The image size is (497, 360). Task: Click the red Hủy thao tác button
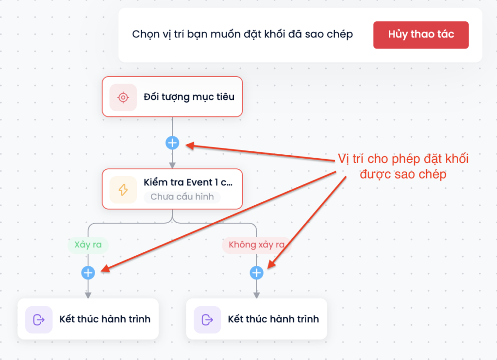click(421, 35)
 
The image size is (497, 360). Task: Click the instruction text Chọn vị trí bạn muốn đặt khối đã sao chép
click(243, 34)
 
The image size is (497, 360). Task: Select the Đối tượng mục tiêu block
click(172, 97)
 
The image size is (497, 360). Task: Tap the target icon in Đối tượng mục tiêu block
click(123, 98)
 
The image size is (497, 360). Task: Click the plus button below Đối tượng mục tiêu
click(172, 143)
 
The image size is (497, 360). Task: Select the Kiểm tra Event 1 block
click(172, 189)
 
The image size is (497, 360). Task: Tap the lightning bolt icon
click(123, 190)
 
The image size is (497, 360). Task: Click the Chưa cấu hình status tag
click(182, 197)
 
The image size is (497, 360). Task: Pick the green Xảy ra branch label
click(88, 245)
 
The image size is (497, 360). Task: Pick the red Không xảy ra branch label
click(256, 245)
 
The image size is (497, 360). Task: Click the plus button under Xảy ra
click(88, 273)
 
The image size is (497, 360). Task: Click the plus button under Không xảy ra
click(256, 273)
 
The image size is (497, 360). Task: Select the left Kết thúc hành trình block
click(88, 319)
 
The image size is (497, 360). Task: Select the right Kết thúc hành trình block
click(256, 319)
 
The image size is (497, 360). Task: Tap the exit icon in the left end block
click(39, 320)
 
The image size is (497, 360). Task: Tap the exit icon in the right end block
click(207, 320)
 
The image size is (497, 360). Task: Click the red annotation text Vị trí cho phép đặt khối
click(403, 159)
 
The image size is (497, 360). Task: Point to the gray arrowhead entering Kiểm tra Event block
click(172, 165)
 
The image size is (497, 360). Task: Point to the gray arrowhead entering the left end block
click(88, 295)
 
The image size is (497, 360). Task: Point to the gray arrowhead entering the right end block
click(256, 295)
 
